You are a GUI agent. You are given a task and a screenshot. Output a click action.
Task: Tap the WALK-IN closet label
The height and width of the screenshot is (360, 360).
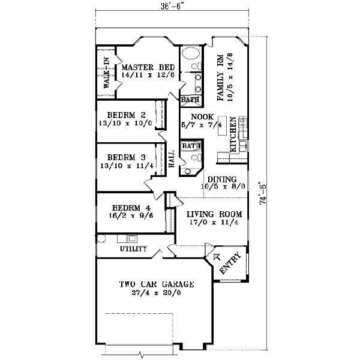pos(106,73)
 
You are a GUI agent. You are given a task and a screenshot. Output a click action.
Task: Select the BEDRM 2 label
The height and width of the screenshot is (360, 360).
pos(127,115)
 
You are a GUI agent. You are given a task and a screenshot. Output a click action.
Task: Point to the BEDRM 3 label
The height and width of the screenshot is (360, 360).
pos(127,158)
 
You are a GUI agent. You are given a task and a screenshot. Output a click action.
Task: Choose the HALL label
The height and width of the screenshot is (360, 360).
pos(171,159)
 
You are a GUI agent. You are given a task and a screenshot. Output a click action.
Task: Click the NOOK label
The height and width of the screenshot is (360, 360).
pos(199,116)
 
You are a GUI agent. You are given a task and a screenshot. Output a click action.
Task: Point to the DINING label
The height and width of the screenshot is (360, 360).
pos(221,179)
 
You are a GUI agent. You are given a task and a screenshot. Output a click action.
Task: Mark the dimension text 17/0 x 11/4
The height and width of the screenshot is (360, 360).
pos(214,223)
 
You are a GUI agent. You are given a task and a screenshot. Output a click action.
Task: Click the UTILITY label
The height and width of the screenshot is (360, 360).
pos(133,248)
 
